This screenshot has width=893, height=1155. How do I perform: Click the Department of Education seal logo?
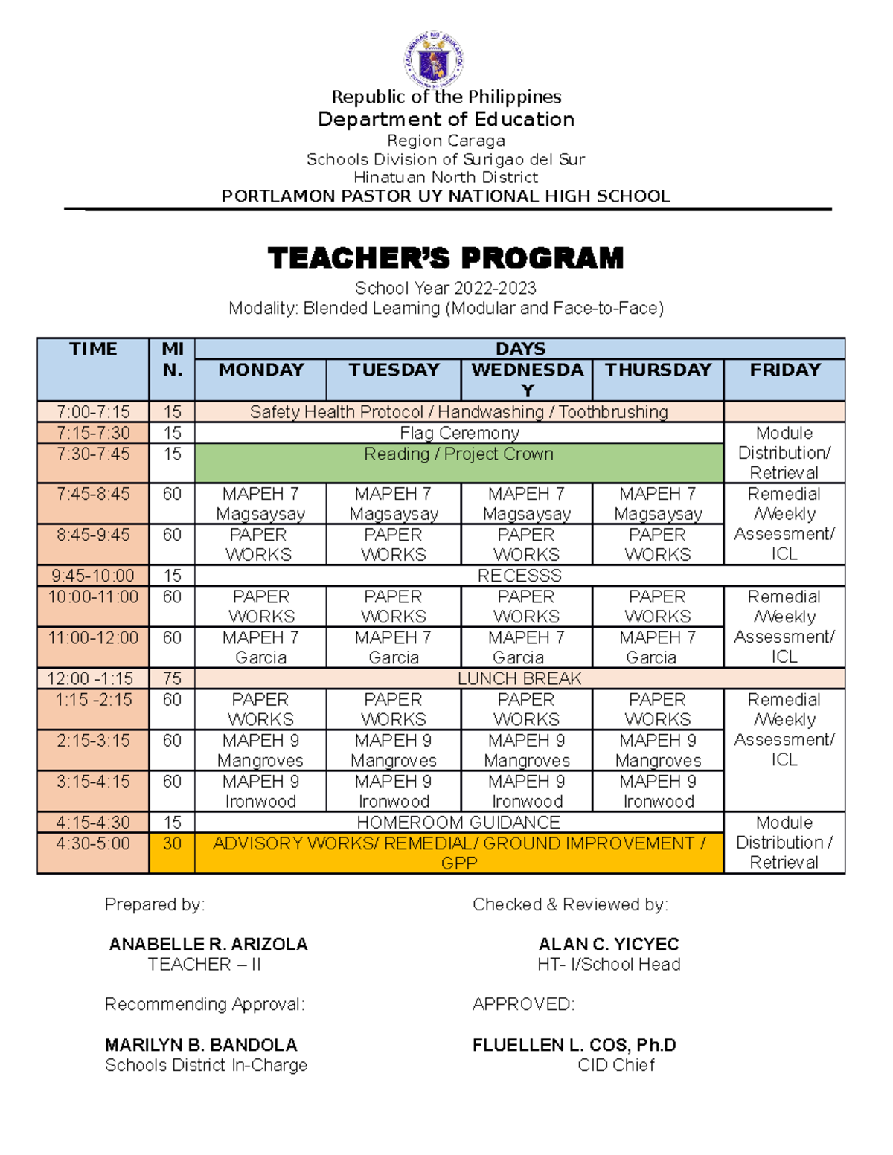[x=435, y=59]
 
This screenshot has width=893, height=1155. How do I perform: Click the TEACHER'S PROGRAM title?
[x=445, y=258]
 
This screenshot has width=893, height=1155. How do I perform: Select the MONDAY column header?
[x=260, y=370]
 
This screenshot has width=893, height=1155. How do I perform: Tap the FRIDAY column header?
[x=784, y=370]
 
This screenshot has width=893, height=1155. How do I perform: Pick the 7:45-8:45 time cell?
[x=93, y=495]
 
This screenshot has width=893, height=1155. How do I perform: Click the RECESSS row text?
[x=519, y=576]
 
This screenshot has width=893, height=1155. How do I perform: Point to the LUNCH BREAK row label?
[x=519, y=678]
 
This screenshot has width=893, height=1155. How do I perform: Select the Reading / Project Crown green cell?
[x=458, y=454]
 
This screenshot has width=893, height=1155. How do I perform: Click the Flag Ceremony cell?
[x=458, y=433]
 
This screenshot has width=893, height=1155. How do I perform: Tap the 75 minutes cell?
[x=172, y=678]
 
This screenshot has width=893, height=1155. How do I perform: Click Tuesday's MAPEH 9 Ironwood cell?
[x=393, y=791]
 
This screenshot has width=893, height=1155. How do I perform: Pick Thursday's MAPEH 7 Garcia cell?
[x=657, y=648]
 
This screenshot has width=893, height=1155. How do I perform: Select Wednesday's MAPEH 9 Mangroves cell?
[x=526, y=750]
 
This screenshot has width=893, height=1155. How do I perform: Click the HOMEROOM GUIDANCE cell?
[x=458, y=823]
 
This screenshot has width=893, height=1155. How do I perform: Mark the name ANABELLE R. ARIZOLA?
[x=208, y=945]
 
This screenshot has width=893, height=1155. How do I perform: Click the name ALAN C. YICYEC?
[x=608, y=945]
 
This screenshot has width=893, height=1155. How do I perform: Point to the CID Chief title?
[x=615, y=1065]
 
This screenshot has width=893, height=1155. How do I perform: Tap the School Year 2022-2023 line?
[x=445, y=288]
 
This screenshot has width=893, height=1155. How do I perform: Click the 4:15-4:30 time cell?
[x=93, y=823]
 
